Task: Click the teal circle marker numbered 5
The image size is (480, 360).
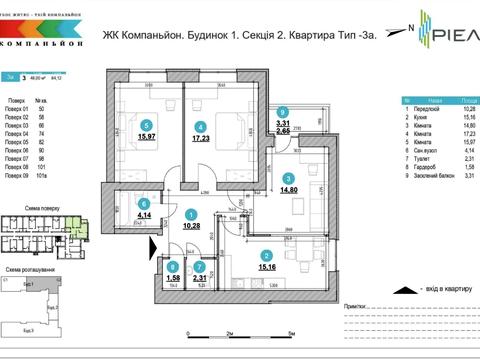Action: click(x=147, y=126)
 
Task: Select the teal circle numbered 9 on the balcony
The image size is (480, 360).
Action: click(x=284, y=113)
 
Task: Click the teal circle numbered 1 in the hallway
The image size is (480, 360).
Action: click(x=191, y=213)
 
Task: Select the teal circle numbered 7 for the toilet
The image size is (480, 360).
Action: click(x=201, y=266)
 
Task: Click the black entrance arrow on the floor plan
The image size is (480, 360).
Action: click(x=153, y=246)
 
